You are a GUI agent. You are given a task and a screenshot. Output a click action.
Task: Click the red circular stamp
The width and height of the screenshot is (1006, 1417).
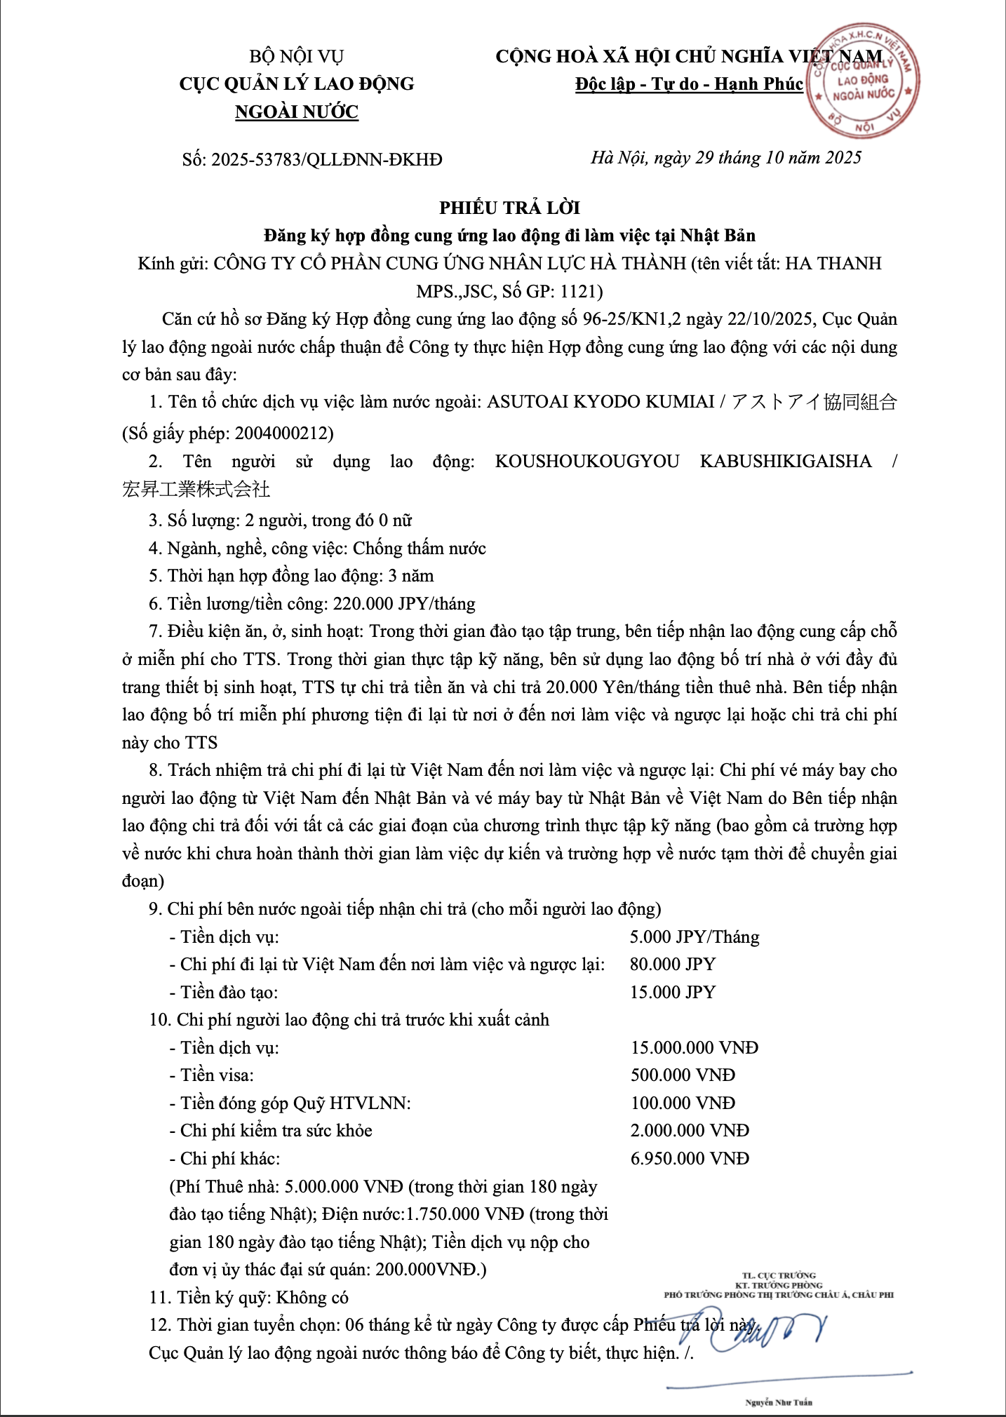point(863,81)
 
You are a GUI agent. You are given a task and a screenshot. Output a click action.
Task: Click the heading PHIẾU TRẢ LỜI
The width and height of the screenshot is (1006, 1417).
point(509,208)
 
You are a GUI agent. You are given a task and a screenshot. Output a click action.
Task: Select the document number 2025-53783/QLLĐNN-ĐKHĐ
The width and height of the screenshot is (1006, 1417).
point(327,160)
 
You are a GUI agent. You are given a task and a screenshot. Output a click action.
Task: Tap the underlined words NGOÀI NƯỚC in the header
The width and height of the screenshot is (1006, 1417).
point(297,112)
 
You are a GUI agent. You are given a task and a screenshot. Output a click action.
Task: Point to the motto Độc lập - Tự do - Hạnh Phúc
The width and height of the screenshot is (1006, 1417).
point(689,84)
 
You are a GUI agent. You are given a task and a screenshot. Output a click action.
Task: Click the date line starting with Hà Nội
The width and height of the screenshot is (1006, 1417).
point(725,158)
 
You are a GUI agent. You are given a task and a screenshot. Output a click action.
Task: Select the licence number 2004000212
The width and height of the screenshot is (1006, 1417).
point(283,434)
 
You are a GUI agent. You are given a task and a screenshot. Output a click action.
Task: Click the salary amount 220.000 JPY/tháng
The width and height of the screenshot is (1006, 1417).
point(404,604)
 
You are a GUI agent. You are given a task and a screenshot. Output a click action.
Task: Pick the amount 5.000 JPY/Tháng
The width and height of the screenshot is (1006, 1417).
point(695,937)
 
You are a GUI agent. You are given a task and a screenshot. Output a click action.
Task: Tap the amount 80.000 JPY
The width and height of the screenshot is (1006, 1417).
point(672,965)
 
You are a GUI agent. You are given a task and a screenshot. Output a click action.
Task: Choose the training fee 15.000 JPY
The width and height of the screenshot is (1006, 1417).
point(672,993)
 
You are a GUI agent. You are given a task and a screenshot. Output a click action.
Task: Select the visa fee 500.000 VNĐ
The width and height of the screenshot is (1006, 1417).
point(683,1075)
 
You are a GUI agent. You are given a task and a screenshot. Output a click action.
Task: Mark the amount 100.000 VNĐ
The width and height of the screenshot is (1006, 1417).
point(683,1103)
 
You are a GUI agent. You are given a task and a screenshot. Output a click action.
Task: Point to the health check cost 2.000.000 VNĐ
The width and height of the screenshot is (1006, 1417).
point(690,1131)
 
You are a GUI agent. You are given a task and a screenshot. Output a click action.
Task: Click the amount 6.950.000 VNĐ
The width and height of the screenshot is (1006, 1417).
point(690,1159)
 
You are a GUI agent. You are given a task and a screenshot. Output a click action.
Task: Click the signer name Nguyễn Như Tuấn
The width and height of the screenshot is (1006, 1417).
point(779,1402)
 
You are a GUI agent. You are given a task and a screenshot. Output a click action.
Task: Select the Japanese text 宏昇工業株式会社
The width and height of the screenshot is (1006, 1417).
point(196,490)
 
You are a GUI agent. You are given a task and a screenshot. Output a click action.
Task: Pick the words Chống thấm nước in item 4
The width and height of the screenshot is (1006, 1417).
point(419,549)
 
